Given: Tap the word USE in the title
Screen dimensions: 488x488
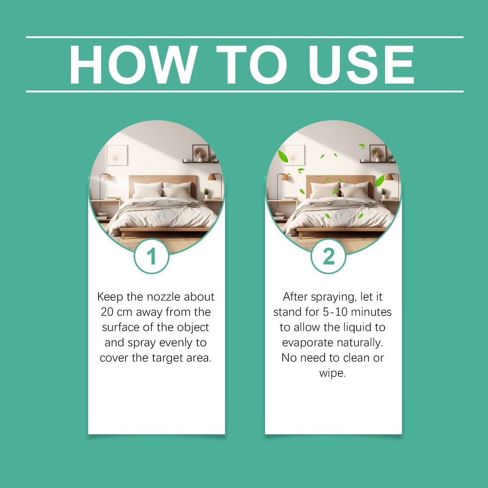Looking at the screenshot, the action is (x=361, y=65).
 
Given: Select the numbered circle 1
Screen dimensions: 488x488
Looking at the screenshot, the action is (x=152, y=256).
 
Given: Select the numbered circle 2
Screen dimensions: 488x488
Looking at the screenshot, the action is (x=328, y=256).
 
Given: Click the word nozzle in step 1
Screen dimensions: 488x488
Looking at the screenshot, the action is (x=164, y=297).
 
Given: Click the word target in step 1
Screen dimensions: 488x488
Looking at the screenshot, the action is (x=168, y=358).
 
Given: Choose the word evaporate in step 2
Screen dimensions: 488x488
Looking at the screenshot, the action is (x=307, y=343).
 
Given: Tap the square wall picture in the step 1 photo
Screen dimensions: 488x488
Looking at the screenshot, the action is (x=117, y=155).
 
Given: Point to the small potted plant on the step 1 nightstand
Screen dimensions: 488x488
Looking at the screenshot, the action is (x=206, y=193).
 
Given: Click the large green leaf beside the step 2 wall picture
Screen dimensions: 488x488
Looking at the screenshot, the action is (x=283, y=156).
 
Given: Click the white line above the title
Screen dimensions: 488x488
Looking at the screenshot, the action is (x=244, y=37).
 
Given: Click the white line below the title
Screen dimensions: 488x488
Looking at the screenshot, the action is (x=244, y=91).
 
